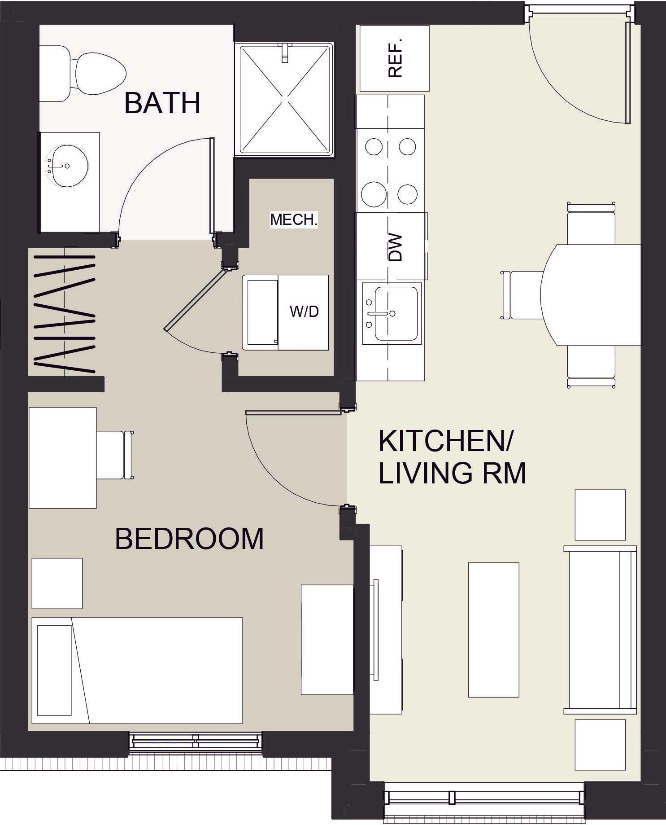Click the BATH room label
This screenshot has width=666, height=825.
pyautogui.click(x=162, y=103)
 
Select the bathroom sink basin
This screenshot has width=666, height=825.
pyautogui.click(x=67, y=166)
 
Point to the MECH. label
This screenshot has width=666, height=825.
pyautogui.click(x=294, y=220)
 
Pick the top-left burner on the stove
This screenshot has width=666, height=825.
pyautogui.click(x=374, y=147)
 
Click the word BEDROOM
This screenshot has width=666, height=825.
pyautogui.click(x=189, y=539)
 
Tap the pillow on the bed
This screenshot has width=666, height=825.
pyautogui.click(x=54, y=671)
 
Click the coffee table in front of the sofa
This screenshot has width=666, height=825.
pyautogui.click(x=493, y=630)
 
